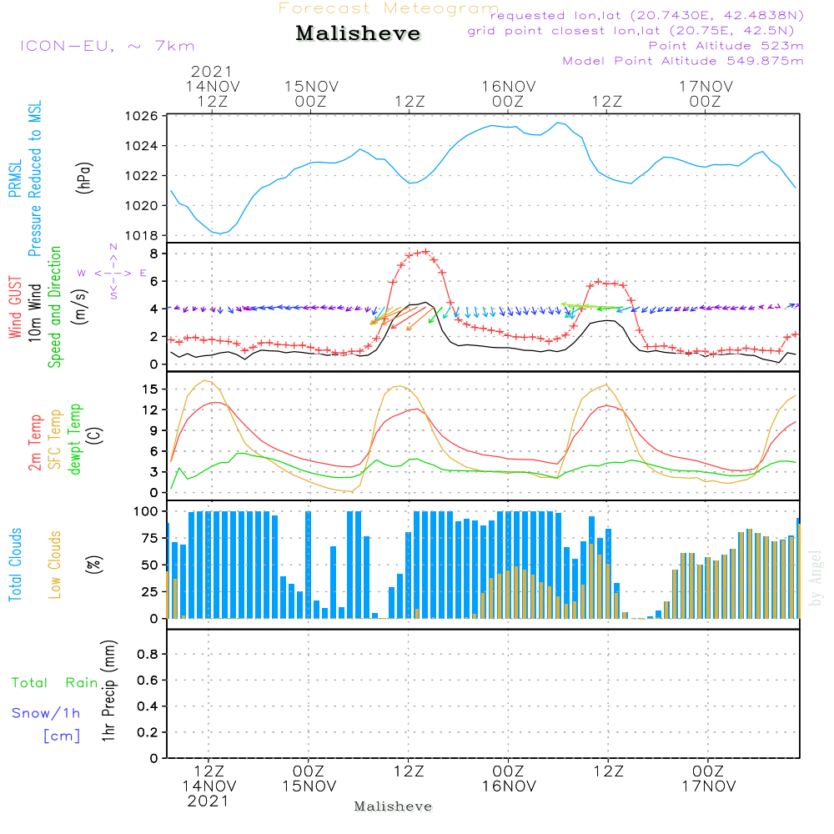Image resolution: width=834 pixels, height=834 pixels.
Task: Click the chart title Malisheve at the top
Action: click(358, 34)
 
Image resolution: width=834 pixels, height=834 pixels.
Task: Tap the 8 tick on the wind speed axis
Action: click(153, 253)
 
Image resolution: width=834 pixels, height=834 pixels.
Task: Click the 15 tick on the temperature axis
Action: click(151, 389)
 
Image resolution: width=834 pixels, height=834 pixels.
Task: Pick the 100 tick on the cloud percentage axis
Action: click(146, 510)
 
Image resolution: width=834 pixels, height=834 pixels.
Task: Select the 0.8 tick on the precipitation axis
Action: click(147, 655)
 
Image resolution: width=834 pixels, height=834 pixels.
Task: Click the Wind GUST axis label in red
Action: click(15, 309)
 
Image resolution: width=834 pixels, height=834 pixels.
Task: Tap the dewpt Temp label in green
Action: click(75, 440)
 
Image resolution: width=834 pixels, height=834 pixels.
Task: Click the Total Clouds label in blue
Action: click(15, 565)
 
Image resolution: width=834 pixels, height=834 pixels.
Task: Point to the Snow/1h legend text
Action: click(47, 713)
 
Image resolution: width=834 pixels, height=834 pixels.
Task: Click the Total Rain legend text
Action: click(55, 683)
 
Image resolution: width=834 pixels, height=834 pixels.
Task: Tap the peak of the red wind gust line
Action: click(425, 251)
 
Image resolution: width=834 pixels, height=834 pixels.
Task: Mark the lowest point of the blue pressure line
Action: click(221, 233)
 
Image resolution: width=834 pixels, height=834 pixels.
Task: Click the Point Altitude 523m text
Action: click(726, 45)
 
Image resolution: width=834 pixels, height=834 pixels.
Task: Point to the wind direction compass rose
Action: click(113, 273)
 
